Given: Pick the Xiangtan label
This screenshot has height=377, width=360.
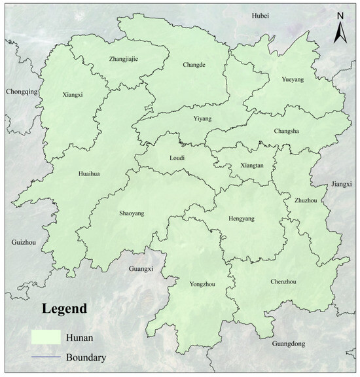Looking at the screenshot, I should click(252, 166).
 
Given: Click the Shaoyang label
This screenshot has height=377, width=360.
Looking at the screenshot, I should click(133, 213).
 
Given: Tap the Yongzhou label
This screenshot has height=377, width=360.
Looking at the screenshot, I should click(200, 285).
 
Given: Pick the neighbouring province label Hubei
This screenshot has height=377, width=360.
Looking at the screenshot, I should click(261, 15).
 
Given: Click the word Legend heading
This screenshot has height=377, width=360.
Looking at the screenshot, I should click(64, 308).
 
